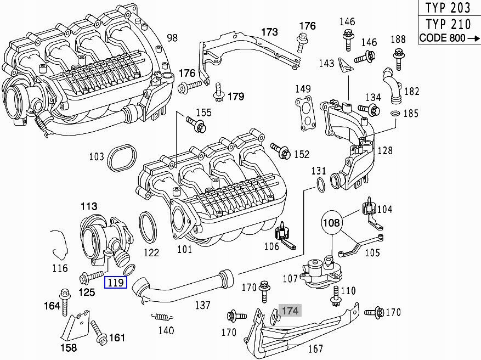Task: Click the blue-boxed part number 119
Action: tap(116, 283)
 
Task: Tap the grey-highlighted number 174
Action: tap(290, 311)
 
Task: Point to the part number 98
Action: tap(172, 38)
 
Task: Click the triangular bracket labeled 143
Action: tap(345, 65)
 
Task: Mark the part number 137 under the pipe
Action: tap(203, 305)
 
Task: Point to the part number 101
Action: tap(184, 250)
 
